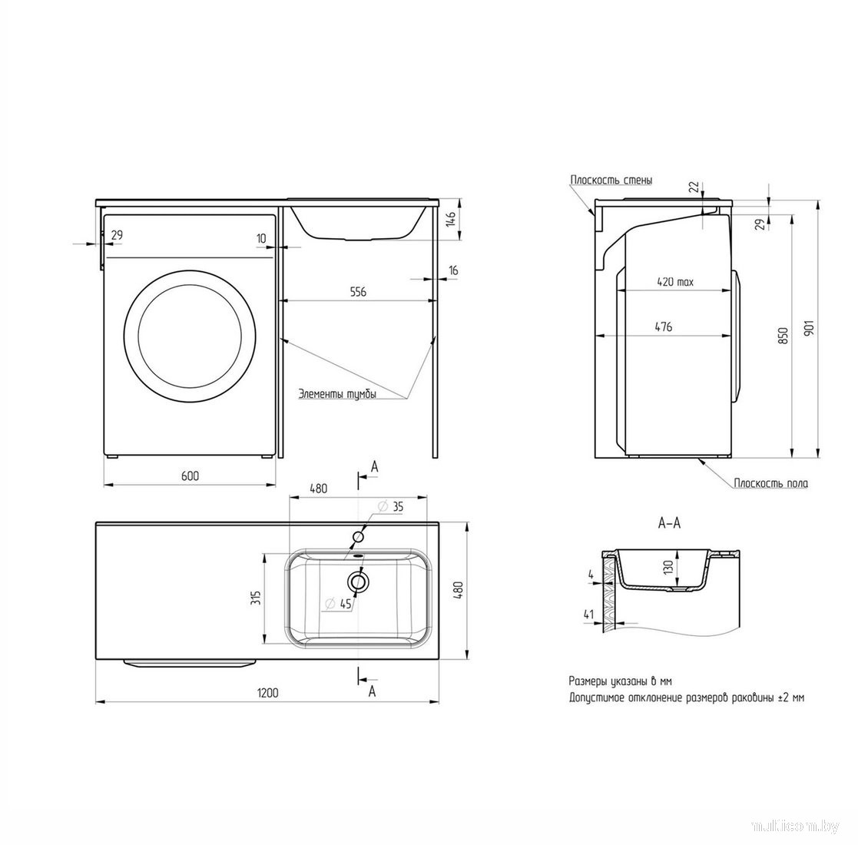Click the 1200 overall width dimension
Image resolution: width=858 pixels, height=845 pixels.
click(267, 693)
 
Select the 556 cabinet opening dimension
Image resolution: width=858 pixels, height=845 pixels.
click(358, 292)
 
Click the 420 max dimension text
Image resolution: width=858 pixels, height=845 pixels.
click(675, 282)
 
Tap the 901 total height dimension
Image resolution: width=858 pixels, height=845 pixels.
click(810, 327)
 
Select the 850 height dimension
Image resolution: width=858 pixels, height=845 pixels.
click(783, 336)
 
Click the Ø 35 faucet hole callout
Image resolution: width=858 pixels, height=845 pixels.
click(391, 507)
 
